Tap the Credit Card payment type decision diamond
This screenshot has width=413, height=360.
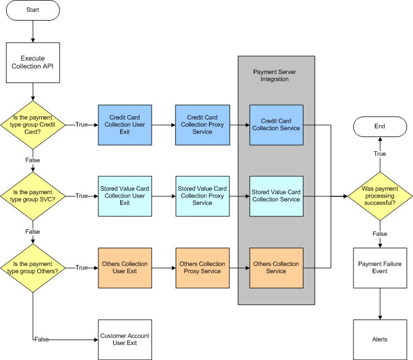33,125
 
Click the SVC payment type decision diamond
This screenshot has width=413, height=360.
33,196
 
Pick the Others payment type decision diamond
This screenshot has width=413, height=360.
33,268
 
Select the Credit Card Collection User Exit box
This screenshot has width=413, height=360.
125,125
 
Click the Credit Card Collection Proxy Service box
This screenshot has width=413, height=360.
202,125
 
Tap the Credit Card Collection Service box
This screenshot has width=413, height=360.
276,125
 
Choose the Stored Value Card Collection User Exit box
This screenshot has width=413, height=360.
125,196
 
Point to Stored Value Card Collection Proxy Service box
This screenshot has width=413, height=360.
202,196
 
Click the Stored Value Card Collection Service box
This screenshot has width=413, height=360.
276,196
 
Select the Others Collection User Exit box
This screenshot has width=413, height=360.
125,268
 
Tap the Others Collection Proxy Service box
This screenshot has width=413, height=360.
202,268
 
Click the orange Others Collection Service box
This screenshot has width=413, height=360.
276,268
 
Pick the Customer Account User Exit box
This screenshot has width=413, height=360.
125,339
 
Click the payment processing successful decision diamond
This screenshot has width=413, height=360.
380,196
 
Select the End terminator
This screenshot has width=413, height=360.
380,126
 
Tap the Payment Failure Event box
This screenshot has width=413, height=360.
380,268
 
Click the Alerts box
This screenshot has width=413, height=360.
380,339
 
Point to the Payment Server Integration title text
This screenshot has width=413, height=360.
276,76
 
